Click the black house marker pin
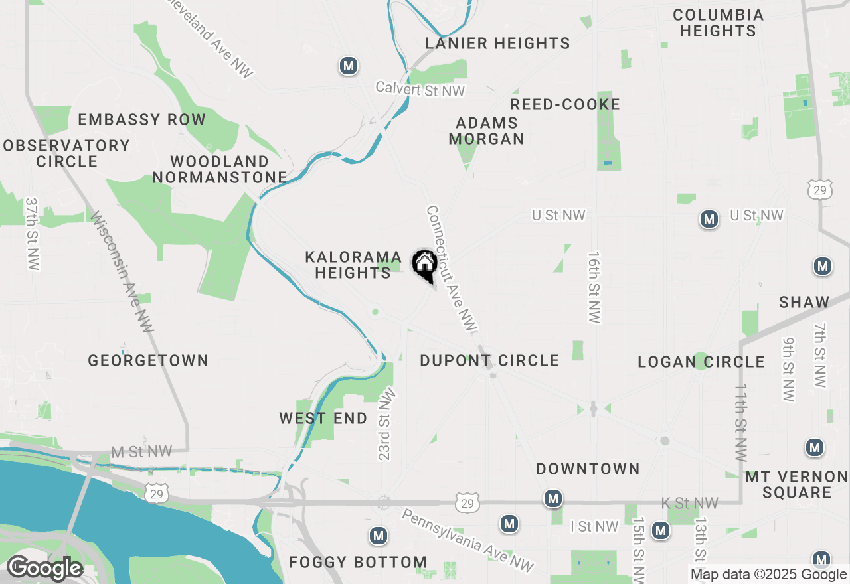tap(424, 265)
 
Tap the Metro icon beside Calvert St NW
tap(349, 66)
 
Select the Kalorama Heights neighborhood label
tap(353, 265)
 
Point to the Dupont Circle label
tap(489, 360)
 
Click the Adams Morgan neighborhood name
tap(487, 131)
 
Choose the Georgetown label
tap(148, 360)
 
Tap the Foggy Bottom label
tap(358, 562)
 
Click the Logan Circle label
tap(701, 362)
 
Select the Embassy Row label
tap(142, 119)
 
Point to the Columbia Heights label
tap(718, 23)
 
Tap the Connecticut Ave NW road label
tap(452, 269)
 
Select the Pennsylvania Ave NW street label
tap(467, 540)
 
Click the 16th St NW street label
tap(594, 287)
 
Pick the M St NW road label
tap(141, 452)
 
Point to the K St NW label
tap(691, 503)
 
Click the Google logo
tap(44, 569)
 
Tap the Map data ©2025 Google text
tap(768, 575)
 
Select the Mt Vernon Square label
tap(796, 484)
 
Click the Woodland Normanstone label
tap(220, 169)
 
